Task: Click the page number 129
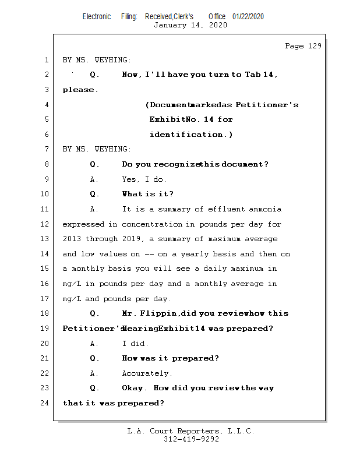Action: (x=315, y=46)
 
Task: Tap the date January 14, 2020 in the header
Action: (x=190, y=25)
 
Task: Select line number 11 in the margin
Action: (x=45, y=209)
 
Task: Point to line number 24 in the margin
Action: (x=45, y=403)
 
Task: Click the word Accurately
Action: (x=147, y=373)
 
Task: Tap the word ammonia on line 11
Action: (x=265, y=209)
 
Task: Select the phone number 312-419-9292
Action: (x=191, y=439)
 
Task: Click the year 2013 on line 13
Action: (x=72, y=239)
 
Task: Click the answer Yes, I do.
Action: (x=144, y=179)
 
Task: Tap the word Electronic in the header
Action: (x=97, y=16)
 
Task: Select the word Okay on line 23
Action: (x=133, y=388)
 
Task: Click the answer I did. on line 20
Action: (x=135, y=344)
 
